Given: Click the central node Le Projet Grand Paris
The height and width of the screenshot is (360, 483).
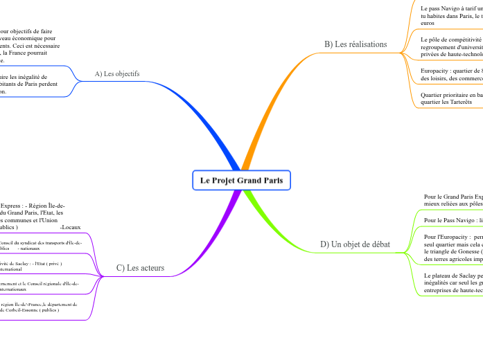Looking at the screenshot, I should pyautogui.click(x=241, y=181).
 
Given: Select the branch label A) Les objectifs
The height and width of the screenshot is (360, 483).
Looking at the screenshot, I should pyautogui.click(x=117, y=73).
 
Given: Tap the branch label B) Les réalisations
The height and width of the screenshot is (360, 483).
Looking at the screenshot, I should pyautogui.click(x=355, y=44).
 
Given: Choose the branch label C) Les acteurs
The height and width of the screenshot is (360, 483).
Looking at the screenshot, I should pyautogui.click(x=136, y=268).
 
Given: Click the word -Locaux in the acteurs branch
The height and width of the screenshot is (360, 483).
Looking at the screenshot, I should pyautogui.click(x=70, y=226).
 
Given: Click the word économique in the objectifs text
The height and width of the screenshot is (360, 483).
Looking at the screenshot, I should pyautogui.click(x=28, y=38).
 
